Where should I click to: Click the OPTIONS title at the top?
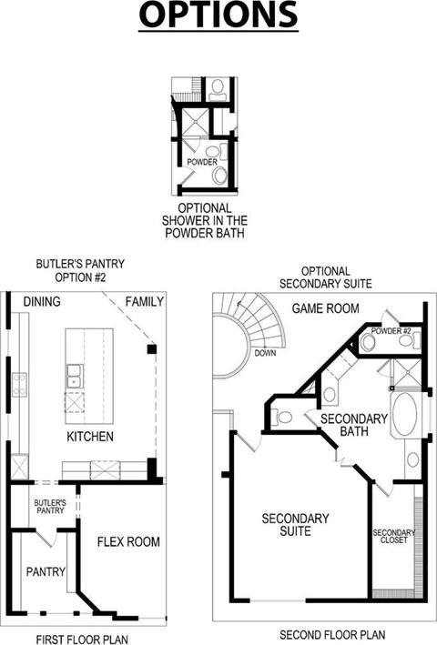(x=218, y=15)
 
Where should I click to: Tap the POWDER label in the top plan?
(x=202, y=162)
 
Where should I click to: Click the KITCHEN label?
(x=90, y=437)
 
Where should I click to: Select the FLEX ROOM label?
(x=128, y=542)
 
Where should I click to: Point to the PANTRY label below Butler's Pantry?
(x=46, y=571)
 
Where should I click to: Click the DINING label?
(x=42, y=301)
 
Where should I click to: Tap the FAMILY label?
(x=145, y=301)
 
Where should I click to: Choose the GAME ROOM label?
(x=326, y=308)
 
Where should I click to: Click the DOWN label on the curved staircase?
(x=265, y=353)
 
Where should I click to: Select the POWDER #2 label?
(x=391, y=331)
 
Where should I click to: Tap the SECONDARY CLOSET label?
(x=394, y=536)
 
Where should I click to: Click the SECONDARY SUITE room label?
(x=296, y=525)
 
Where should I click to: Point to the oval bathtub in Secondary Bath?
(x=405, y=414)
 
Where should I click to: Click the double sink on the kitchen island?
(x=75, y=376)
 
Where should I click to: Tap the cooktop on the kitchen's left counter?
(x=19, y=384)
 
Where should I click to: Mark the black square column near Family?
(x=152, y=349)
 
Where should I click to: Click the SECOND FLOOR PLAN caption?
(x=332, y=635)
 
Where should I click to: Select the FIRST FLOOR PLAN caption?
(x=82, y=640)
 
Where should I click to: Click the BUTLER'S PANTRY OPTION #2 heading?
(x=80, y=270)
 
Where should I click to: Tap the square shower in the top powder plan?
(x=196, y=121)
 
